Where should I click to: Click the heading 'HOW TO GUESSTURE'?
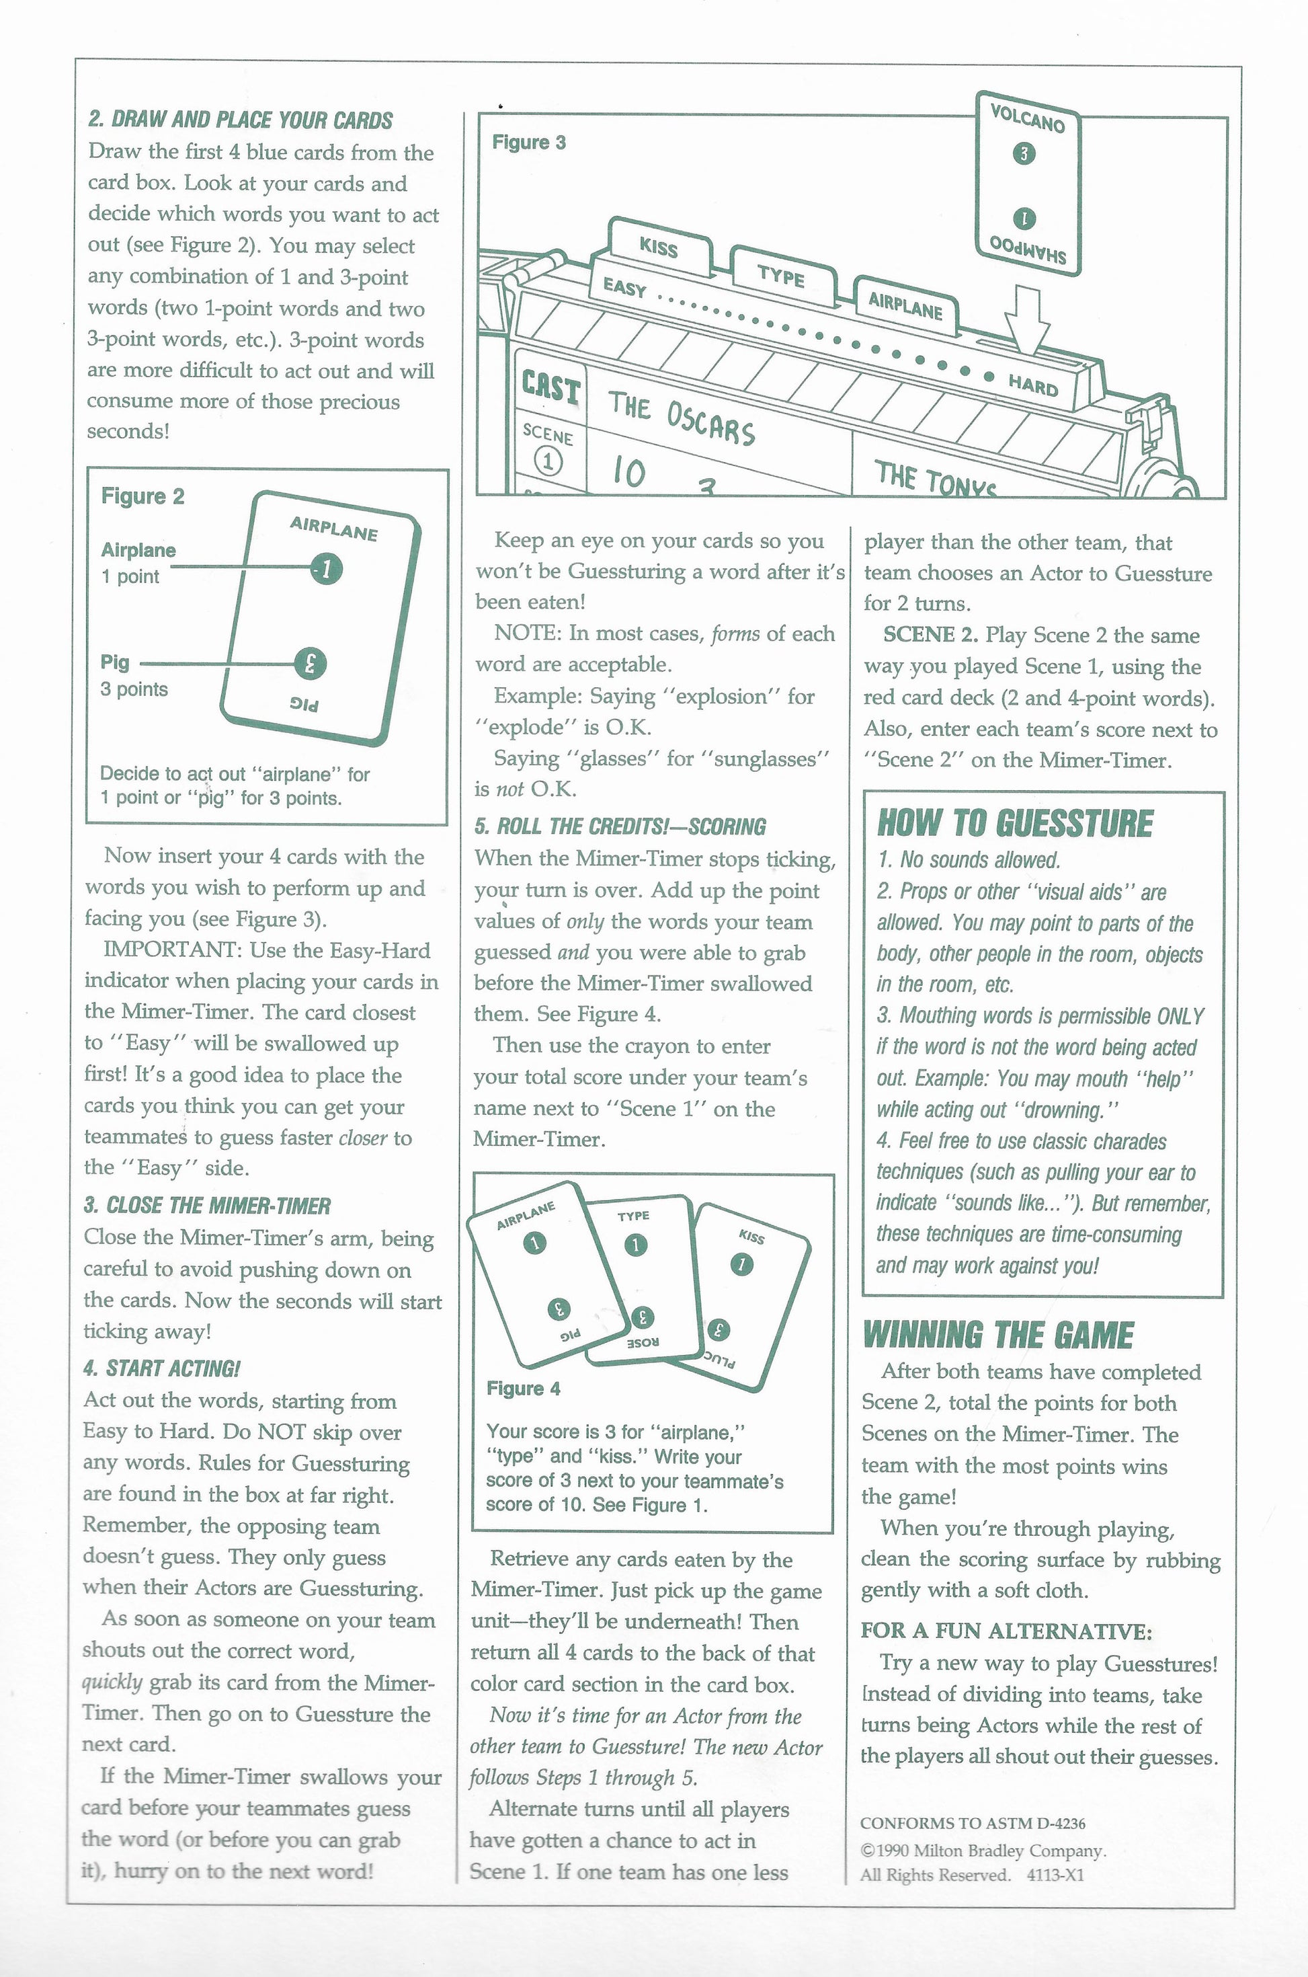coord(1014,823)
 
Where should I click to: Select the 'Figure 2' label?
coord(142,496)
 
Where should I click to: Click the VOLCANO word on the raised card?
coord(1027,118)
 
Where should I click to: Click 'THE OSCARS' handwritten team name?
coord(681,418)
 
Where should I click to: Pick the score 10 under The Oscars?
coord(628,472)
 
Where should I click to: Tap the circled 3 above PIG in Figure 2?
coord(309,664)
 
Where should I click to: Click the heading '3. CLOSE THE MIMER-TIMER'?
coord(207,1206)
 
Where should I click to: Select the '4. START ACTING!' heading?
coord(161,1368)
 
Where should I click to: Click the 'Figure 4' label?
coord(523,1389)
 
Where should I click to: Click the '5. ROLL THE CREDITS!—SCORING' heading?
coord(620,826)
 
